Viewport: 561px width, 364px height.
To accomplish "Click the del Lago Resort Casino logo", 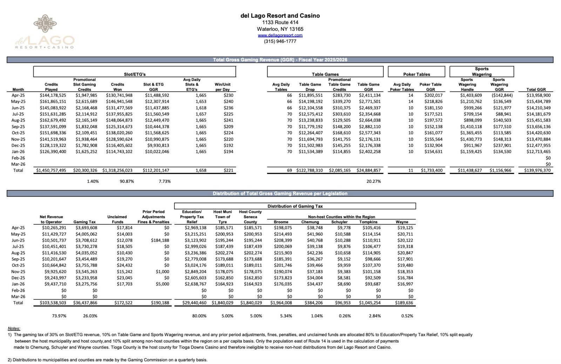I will pyautogui.click(x=45, y=32).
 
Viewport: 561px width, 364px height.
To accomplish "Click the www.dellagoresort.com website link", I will pyautogui.click(x=280, y=35).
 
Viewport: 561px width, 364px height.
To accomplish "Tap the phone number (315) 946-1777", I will pyautogui.click(x=280, y=41).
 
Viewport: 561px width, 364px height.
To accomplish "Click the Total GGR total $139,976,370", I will pyautogui.click(x=537, y=170).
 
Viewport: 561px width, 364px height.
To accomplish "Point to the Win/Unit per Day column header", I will pyautogui.click(x=222, y=87).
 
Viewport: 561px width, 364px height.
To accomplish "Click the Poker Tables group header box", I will pyautogui.click(x=416, y=72).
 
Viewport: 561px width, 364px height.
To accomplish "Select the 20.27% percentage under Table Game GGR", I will pyautogui.click(x=373, y=181).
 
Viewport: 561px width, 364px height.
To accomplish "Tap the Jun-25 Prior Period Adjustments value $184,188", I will pyautogui.click(x=160, y=241).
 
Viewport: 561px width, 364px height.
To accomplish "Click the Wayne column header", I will pyautogui.click(x=402, y=222).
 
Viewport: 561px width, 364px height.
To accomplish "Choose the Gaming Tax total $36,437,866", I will pyautogui.click(x=85, y=303).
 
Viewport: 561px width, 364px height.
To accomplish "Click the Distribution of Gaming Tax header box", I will pyautogui.click(x=295, y=206).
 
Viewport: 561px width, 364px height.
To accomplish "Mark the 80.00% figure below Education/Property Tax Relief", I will pyautogui.click(x=199, y=316).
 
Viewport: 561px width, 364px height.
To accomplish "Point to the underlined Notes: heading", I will pyautogui.click(x=14, y=329).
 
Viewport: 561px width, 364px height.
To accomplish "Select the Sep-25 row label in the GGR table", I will pyautogui.click(x=18, y=127).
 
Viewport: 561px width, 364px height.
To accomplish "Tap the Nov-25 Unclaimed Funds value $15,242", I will pyautogui.click(x=124, y=272).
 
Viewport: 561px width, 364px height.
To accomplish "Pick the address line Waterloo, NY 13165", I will pyautogui.click(x=280, y=29).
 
